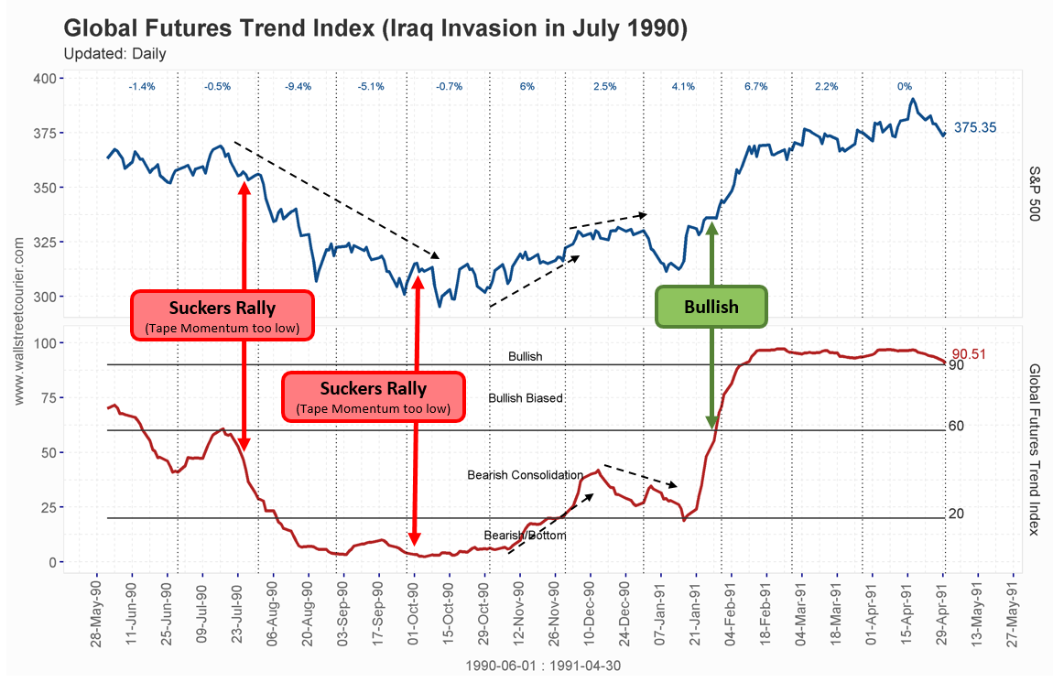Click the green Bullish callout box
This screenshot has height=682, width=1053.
tap(711, 307)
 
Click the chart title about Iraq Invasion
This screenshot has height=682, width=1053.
tap(375, 27)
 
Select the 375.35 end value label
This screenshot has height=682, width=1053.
tap(975, 128)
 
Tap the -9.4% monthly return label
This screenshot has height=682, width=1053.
tap(299, 86)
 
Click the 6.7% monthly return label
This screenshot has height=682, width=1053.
tap(755, 86)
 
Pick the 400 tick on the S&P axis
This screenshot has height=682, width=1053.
tap(44, 79)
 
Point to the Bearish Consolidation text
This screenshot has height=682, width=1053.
tap(525, 475)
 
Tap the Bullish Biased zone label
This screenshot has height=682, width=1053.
tap(526, 398)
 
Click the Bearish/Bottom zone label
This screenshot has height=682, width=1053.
tap(525, 535)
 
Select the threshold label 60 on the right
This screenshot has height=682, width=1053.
tap(956, 426)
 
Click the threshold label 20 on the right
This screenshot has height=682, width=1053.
tap(956, 514)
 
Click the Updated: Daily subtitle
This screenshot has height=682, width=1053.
tap(114, 53)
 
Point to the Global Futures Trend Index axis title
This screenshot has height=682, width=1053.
tap(1035, 449)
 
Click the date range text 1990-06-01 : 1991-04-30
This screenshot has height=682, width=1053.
tap(542, 666)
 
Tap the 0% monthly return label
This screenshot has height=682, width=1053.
tap(904, 86)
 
